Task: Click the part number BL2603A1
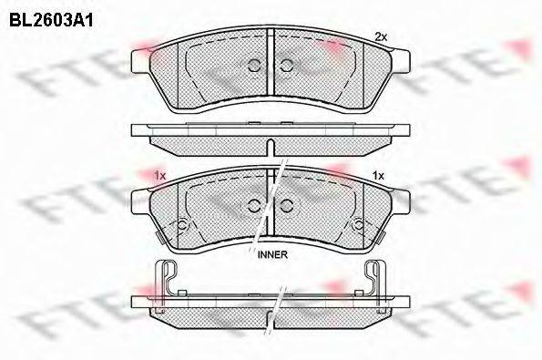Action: (x=51, y=20)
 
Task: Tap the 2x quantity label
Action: (x=381, y=37)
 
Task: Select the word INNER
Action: (x=272, y=255)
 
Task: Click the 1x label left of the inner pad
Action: (x=160, y=176)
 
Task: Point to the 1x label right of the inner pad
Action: (x=379, y=176)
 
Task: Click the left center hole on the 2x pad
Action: (x=255, y=65)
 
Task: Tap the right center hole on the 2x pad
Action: (x=286, y=65)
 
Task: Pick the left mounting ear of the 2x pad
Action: (x=140, y=61)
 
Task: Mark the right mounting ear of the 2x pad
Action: (x=401, y=61)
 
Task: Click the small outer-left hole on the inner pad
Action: (x=182, y=225)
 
